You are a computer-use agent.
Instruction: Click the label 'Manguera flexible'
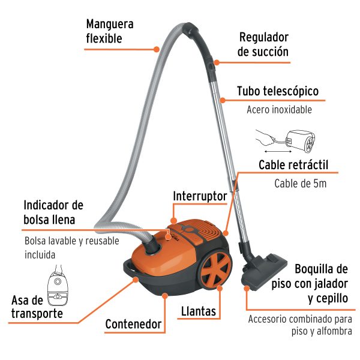[x=110, y=31]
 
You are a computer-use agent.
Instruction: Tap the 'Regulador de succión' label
[x=263, y=45]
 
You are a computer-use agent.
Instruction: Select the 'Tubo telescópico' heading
[x=277, y=92]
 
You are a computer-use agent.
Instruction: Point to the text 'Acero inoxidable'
[x=279, y=110]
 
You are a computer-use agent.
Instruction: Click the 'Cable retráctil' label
[x=293, y=165]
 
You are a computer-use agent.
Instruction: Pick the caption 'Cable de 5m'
[x=300, y=184]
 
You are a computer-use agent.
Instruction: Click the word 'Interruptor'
[x=200, y=196]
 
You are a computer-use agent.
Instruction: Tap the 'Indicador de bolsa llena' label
[x=53, y=212]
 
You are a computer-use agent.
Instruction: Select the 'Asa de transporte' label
[x=37, y=307]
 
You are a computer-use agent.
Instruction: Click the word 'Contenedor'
[x=133, y=325]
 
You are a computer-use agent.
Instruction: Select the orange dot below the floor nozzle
[x=247, y=289]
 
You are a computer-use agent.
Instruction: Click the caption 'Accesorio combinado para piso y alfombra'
[x=299, y=325]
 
